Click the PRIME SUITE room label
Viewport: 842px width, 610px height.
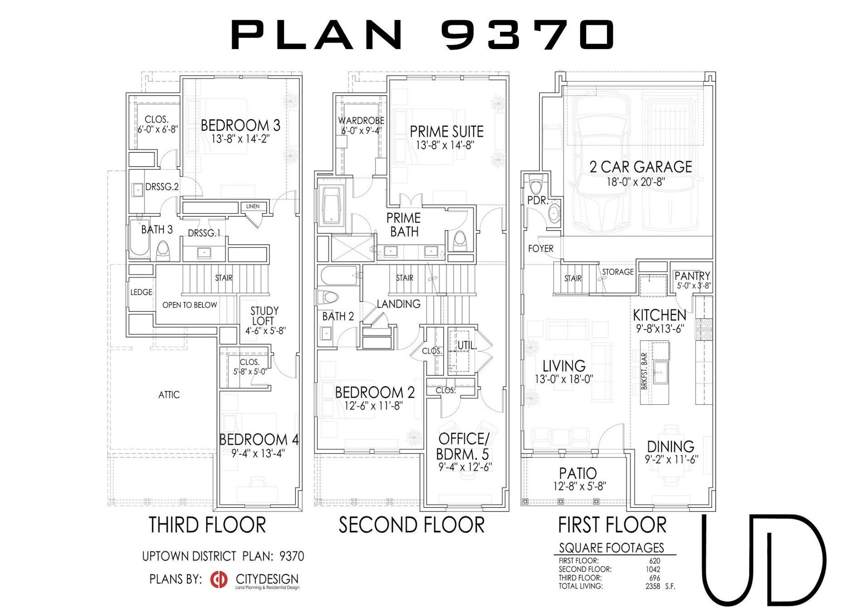446,132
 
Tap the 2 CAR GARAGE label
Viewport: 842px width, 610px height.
640,167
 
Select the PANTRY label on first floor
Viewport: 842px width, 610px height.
692,276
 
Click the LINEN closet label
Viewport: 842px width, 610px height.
253,207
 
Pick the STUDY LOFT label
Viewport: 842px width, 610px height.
264,316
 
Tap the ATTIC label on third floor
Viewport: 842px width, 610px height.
169,395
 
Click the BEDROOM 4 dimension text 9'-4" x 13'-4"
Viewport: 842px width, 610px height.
258,453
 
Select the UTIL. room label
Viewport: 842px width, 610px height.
467,346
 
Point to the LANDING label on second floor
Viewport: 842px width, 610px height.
398,304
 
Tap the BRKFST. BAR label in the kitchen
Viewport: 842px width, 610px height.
645,371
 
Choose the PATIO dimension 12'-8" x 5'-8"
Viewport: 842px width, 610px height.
579,487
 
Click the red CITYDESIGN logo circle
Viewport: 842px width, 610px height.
219,579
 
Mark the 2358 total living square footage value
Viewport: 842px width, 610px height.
653,586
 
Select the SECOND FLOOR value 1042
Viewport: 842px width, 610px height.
653,570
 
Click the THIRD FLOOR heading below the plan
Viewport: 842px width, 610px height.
207,525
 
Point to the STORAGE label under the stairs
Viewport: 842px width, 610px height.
617,272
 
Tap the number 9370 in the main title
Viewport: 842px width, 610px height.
527,34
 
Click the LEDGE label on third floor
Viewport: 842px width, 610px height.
141,292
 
